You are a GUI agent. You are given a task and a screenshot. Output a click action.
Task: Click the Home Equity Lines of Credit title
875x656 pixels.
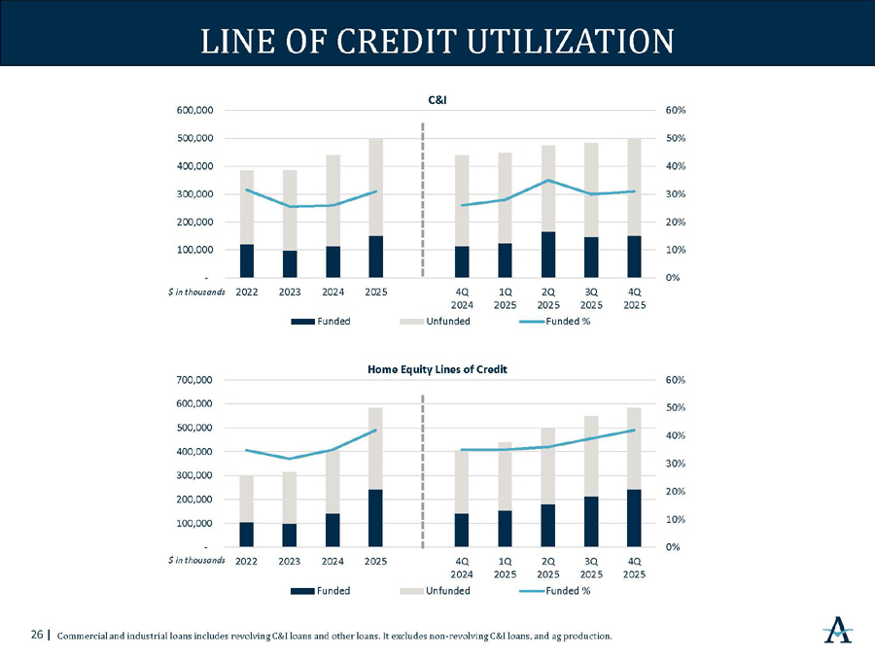coord(437,369)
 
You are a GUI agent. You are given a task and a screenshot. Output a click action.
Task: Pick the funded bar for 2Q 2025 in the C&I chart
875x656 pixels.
coord(548,255)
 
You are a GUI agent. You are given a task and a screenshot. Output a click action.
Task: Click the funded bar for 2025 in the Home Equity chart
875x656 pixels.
coord(375,518)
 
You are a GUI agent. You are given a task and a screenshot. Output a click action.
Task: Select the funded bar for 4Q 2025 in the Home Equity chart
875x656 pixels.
coord(634,518)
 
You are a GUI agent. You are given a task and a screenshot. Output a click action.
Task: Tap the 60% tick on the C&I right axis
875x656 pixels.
coord(675,111)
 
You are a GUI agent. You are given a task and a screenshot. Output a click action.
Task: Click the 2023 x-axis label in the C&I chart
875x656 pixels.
coord(290,291)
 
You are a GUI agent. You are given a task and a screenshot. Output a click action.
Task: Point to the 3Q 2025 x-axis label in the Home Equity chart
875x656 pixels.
coord(591,567)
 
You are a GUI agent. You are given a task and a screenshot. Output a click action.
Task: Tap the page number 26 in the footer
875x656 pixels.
coord(37,636)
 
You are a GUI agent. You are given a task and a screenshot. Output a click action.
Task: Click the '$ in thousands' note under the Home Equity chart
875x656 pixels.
coord(195,560)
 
